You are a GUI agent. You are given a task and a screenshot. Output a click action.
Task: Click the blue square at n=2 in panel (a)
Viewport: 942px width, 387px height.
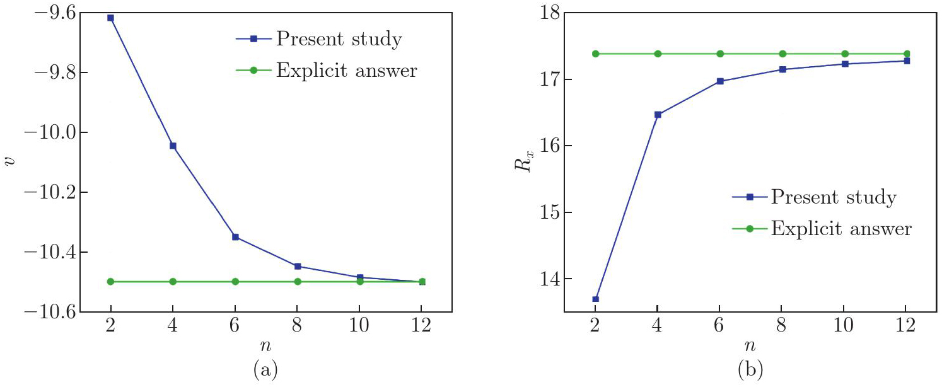pos(111,18)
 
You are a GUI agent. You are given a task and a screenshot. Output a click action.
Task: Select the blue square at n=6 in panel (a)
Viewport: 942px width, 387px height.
pos(235,237)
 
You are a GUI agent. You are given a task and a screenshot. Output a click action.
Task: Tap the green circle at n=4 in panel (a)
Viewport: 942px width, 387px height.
pos(173,282)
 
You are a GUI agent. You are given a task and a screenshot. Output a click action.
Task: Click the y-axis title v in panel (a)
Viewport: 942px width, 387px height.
pos(8,162)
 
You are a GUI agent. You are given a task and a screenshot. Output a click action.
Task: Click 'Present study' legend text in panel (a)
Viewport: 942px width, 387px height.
pos(339,40)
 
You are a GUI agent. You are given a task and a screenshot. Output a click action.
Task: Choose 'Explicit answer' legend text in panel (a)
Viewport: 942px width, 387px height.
pos(346,70)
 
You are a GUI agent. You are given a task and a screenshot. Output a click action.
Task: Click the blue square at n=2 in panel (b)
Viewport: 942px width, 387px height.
pos(595,299)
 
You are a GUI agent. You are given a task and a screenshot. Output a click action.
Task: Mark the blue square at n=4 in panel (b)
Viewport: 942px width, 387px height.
pos(658,115)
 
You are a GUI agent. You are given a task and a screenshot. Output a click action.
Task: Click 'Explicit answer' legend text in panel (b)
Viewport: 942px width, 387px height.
pos(841,228)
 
